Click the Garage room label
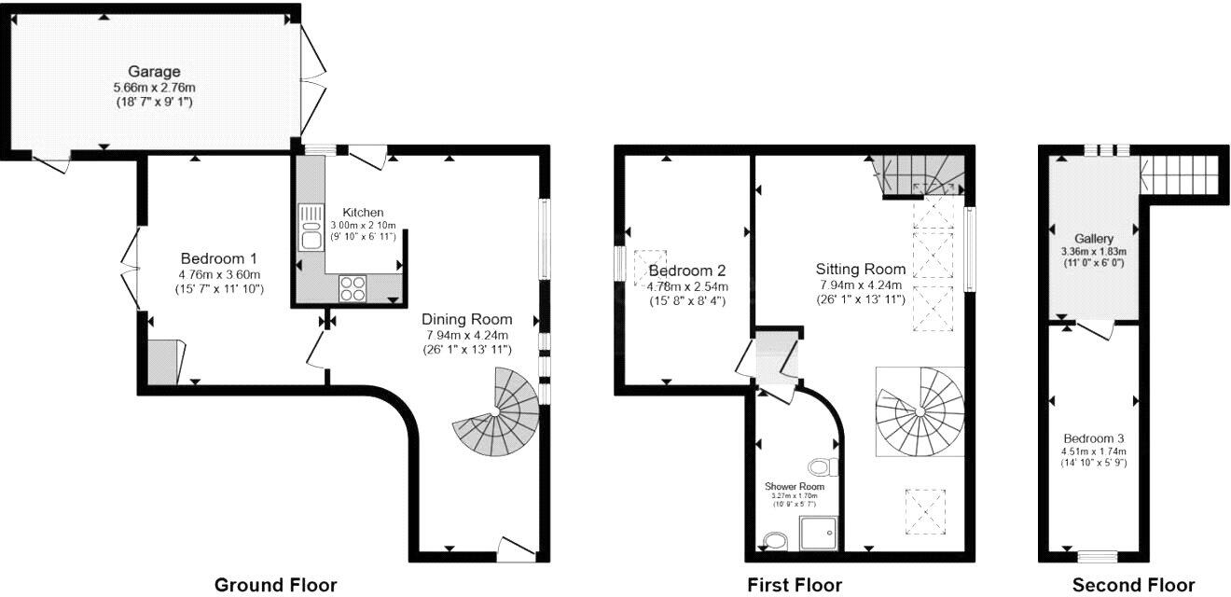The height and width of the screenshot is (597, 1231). coord(154,72)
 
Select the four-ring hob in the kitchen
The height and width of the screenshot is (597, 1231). coord(353,289)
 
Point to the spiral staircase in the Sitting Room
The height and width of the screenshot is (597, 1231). coord(920,410)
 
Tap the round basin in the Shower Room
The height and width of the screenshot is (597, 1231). coord(774,541)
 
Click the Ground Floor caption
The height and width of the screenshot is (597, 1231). coord(275,585)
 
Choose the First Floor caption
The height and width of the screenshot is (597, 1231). coord(795,585)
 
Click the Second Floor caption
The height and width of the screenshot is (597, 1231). coord(1133,585)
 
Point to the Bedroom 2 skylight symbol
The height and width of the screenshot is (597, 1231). coord(651,263)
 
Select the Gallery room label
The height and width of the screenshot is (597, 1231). coord(1093,239)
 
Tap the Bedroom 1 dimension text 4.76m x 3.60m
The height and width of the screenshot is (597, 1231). coord(219,274)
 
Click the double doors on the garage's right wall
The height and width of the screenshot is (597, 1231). coord(312,79)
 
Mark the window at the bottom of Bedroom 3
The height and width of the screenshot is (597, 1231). coord(1091,557)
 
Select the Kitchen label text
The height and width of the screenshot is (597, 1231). coord(363,213)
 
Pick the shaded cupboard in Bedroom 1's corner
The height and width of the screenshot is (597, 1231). coord(164,362)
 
